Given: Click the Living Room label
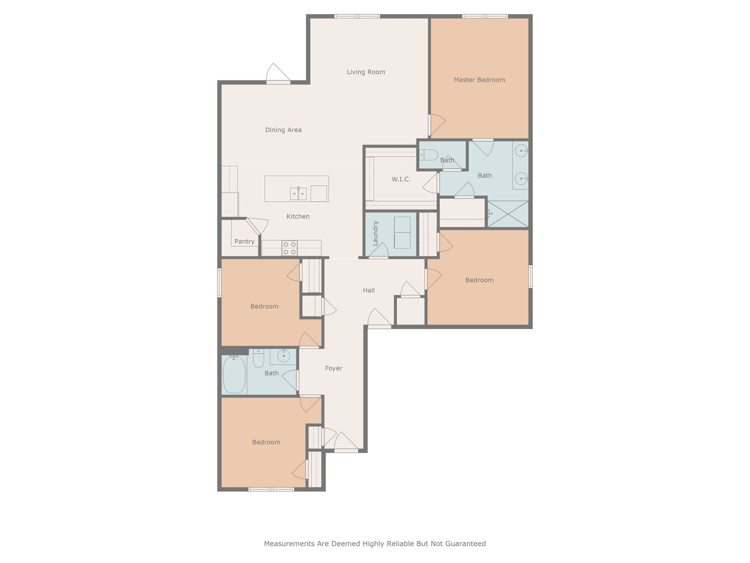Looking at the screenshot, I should [366, 72].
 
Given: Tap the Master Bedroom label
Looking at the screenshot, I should [479, 80].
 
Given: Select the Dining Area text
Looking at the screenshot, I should [283, 130].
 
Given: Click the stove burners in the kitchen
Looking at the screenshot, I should [290, 248].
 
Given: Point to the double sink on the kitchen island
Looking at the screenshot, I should [298, 193].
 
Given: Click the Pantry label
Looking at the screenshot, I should [244, 241].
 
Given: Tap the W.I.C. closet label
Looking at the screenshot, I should [401, 179].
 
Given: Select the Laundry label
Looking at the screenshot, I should [375, 233].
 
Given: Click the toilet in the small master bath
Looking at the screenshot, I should [429, 155].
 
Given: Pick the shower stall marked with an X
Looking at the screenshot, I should [508, 214].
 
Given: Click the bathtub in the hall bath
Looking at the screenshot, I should [234, 375].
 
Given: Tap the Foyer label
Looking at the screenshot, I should [333, 368].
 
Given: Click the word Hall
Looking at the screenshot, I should [368, 290].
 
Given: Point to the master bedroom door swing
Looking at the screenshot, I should [437, 124].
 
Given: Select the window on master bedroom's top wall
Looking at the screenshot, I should [484, 16].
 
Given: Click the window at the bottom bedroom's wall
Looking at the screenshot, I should [271, 489].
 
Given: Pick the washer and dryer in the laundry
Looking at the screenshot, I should [402, 232].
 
